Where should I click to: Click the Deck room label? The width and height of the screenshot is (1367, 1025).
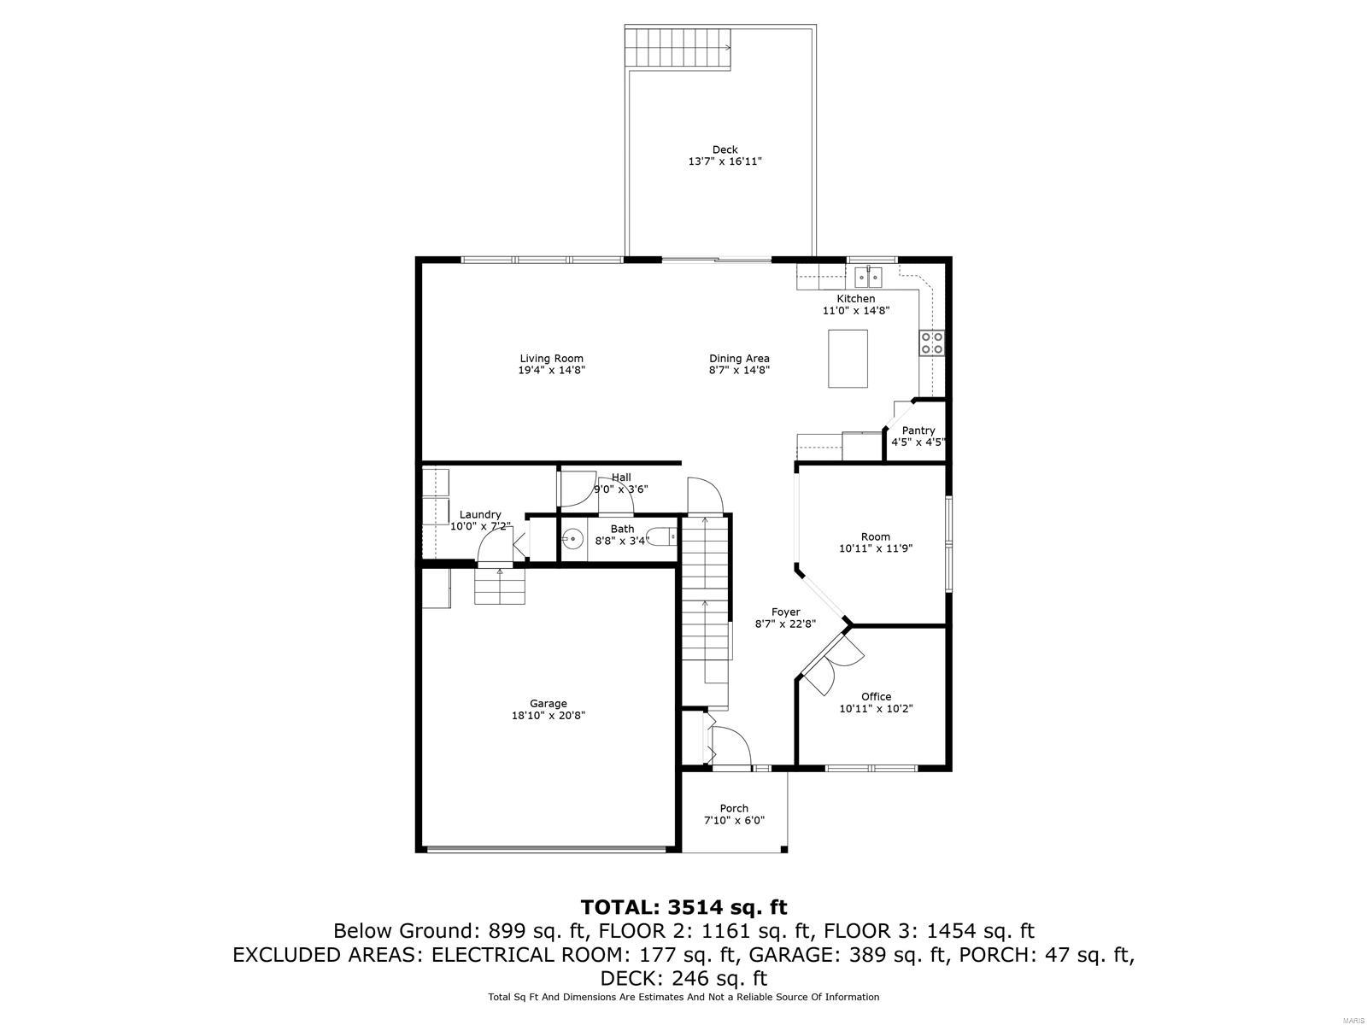point(725,150)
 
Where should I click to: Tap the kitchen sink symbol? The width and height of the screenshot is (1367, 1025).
point(869,278)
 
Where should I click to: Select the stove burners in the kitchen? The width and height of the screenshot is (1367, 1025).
point(931,343)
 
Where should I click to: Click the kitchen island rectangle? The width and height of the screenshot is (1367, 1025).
point(848,359)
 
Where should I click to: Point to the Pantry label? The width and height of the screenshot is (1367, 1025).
point(918,430)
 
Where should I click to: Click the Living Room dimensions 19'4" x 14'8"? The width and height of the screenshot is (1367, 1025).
point(551,371)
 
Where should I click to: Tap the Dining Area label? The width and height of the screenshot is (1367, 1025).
point(739,359)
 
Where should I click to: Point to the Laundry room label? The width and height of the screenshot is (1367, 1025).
point(479,514)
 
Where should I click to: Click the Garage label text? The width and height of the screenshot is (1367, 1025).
point(548,704)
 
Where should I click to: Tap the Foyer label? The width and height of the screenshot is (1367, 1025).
point(785,612)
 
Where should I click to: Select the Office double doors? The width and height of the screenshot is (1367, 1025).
point(830,665)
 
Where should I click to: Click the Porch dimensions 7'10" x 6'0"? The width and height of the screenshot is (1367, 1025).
point(733,820)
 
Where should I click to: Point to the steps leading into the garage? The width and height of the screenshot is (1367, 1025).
point(500,586)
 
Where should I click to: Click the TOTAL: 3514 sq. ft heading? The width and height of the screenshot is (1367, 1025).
point(683,906)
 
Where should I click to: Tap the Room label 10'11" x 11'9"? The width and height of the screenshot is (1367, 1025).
point(875,537)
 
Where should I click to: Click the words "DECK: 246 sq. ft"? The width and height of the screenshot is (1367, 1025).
point(683,978)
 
